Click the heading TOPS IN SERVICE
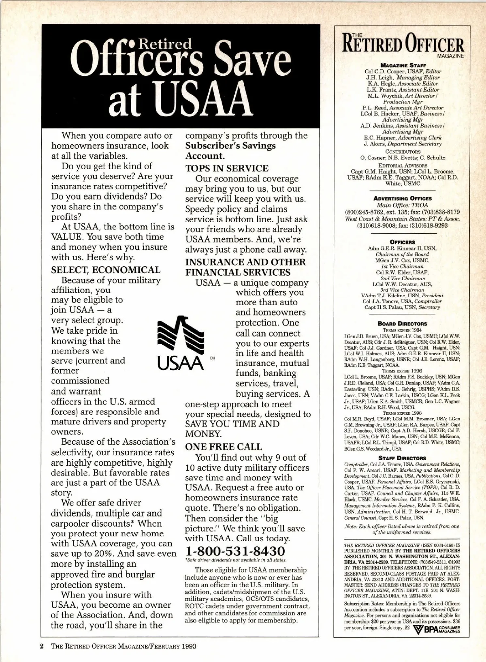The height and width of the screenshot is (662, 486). (227, 168)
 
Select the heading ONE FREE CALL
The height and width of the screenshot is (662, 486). (224, 447)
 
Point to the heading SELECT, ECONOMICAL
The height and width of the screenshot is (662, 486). (106, 270)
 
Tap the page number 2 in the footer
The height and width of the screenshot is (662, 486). (41, 646)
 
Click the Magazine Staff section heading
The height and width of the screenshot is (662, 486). (400, 65)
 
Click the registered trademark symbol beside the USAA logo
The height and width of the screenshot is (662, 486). (212, 358)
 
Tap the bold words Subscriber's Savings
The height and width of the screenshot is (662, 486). (230, 146)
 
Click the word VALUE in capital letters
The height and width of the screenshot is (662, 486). (68, 237)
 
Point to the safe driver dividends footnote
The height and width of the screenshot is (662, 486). (236, 560)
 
